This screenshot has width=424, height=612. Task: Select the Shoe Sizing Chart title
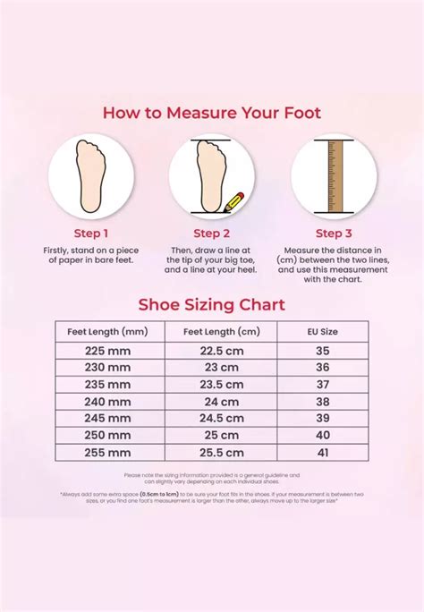point(211,305)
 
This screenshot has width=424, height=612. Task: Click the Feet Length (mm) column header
point(107,331)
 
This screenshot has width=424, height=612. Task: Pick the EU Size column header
point(323,331)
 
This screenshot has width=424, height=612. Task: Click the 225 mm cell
point(107,351)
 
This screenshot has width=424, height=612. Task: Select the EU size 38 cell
point(323,402)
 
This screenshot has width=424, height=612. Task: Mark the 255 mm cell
point(107,453)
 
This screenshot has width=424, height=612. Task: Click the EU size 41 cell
point(323,453)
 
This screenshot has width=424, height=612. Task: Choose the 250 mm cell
point(107,436)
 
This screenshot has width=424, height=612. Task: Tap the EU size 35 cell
point(323,351)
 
